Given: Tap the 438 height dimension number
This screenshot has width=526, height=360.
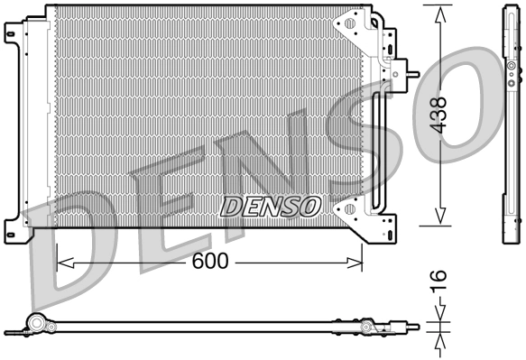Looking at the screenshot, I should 439,115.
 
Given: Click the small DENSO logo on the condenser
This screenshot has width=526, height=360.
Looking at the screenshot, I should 271,207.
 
